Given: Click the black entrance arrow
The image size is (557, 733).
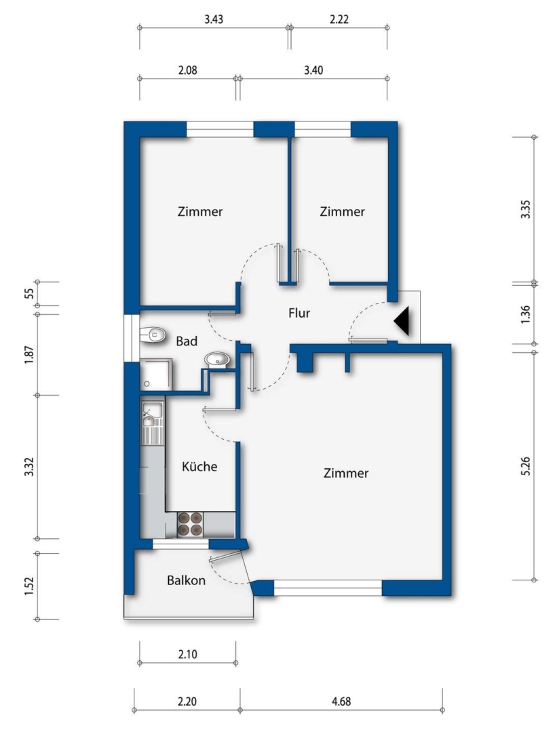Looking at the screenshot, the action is coord(404,320).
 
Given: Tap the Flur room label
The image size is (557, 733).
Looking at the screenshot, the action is coord(299,313).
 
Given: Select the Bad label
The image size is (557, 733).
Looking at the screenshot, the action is coord(187,341).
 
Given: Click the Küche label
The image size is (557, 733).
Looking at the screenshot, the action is coord(199,466).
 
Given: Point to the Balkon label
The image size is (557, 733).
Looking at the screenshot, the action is coord(186,580).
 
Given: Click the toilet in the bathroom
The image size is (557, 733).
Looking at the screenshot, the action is coord(153,335).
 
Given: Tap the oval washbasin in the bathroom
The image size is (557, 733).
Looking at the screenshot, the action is coord(217,360).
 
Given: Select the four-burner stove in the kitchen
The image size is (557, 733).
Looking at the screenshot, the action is coord(191,523).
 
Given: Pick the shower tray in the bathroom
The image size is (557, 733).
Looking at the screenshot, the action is coord(155,374).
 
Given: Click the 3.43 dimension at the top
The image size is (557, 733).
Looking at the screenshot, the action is coord(214,20).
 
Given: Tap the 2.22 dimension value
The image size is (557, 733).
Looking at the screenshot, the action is coord(339,20).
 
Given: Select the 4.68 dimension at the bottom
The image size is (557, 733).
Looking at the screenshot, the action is coord(341,701).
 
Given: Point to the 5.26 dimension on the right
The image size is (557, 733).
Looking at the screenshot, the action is coord(526,466).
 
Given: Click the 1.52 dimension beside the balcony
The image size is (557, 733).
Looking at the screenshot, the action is coord(29,586).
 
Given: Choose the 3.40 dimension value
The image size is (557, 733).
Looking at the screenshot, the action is coord(313,71).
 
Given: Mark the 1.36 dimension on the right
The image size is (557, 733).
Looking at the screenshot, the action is coord(526,314).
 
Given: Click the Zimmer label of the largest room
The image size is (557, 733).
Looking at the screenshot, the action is coord(346,473).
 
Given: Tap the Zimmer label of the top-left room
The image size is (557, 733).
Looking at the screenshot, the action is coord(200,211).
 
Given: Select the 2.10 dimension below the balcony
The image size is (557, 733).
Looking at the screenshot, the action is coord(187,654).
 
